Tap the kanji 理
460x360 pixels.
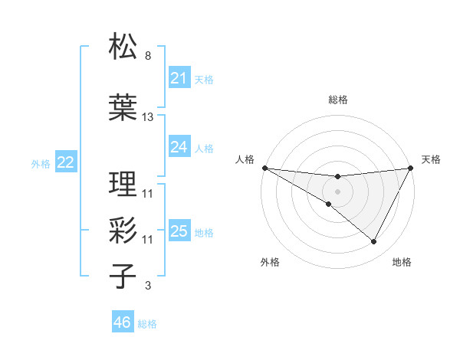123,184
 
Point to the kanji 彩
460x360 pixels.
123,231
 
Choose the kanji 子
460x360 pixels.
123,277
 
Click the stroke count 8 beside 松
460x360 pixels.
147,56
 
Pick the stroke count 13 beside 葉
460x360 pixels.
148,117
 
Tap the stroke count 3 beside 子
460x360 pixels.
147,286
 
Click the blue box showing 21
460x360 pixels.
179,78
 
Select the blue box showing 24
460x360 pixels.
179,147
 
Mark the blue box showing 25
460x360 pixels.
179,231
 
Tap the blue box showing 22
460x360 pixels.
65,162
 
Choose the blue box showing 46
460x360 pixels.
122,322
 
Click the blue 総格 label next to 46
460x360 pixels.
147,324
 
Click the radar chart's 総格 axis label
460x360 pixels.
337,100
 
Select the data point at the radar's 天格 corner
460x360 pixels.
412,168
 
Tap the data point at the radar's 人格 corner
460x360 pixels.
264,168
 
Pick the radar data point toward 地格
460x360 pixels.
374,242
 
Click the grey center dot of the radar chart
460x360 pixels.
337,190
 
